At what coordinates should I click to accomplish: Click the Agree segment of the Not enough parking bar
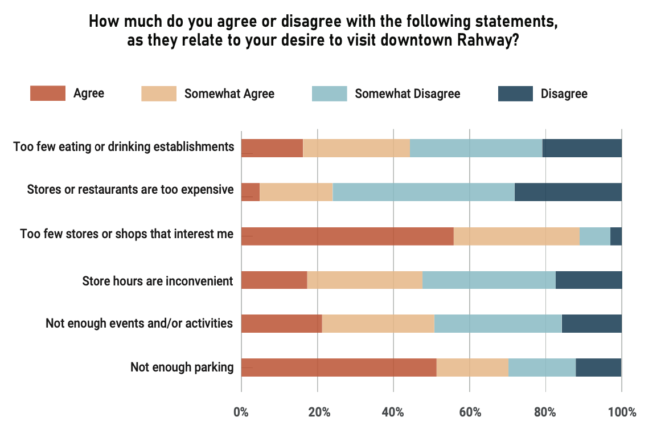coord(339,367)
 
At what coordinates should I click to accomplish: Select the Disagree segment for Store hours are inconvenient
coord(588,280)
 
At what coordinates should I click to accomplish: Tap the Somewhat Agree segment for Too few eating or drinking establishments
coord(356,148)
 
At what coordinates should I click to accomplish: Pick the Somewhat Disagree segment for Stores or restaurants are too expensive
coord(423,192)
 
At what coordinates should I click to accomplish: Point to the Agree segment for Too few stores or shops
coord(347,236)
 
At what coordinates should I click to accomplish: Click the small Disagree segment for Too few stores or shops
coord(616,236)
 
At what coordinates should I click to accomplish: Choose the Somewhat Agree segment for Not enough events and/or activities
coord(378,324)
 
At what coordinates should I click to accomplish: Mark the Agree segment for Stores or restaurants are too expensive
coord(251,192)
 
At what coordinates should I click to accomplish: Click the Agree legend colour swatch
coord(47,93)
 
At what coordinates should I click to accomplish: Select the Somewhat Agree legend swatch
coord(158,93)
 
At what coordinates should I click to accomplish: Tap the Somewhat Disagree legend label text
coord(407,93)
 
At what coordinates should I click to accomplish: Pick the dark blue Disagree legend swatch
coord(515,93)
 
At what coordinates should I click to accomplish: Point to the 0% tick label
coord(241,412)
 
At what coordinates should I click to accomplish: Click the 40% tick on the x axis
coord(393,412)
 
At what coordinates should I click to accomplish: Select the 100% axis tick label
coord(622,412)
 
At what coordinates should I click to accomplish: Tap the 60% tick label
coord(470,412)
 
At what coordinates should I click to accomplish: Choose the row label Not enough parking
coord(182,367)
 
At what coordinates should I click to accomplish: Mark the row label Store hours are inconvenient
coord(158,280)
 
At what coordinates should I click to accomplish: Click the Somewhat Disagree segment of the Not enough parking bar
coord(542,367)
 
